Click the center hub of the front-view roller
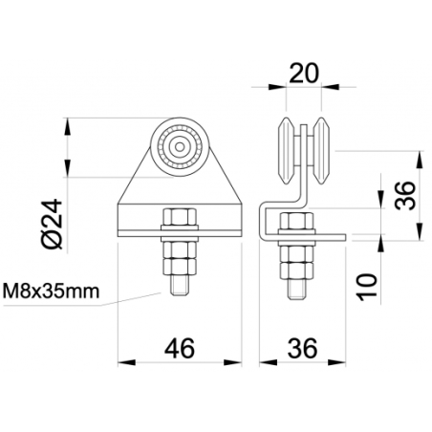pyautogui.click(x=179, y=145)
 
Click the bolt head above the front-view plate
pyautogui.click(x=179, y=217)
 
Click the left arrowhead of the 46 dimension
pyautogui.click(x=122, y=361)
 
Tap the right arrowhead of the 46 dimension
pyautogui.click(x=235, y=361)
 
